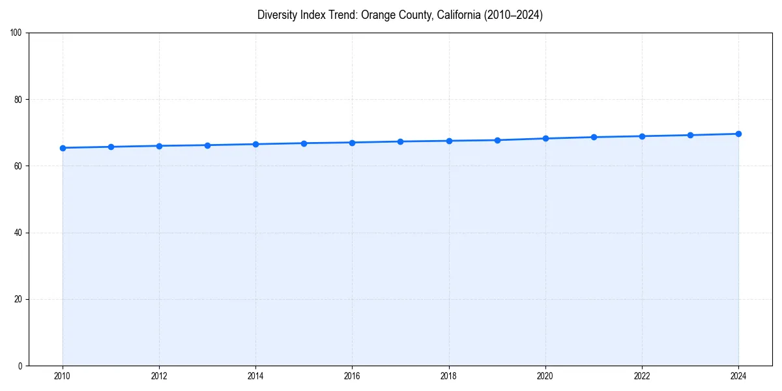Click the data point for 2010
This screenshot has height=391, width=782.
click(x=63, y=148)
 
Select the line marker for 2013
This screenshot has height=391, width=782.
click(x=207, y=145)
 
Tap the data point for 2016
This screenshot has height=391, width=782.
click(x=352, y=143)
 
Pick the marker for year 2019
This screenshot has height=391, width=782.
click(x=497, y=140)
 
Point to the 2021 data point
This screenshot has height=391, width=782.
click(x=594, y=137)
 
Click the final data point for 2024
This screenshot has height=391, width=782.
click(x=738, y=134)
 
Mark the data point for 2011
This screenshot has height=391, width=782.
click(x=111, y=147)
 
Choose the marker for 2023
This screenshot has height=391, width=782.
click(x=690, y=135)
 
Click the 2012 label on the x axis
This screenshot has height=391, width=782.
click(x=159, y=376)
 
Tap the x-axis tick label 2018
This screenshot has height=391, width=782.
click(x=448, y=376)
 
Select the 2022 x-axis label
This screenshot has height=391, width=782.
click(x=642, y=376)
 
